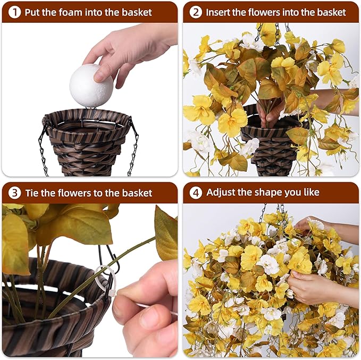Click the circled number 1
tap(14, 12)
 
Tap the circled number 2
tap(196, 12)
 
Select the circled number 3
tap(14, 193)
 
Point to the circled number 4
tap(196, 192)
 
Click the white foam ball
tap(91, 86)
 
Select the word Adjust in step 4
tap(221, 192)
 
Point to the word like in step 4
tap(312, 192)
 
